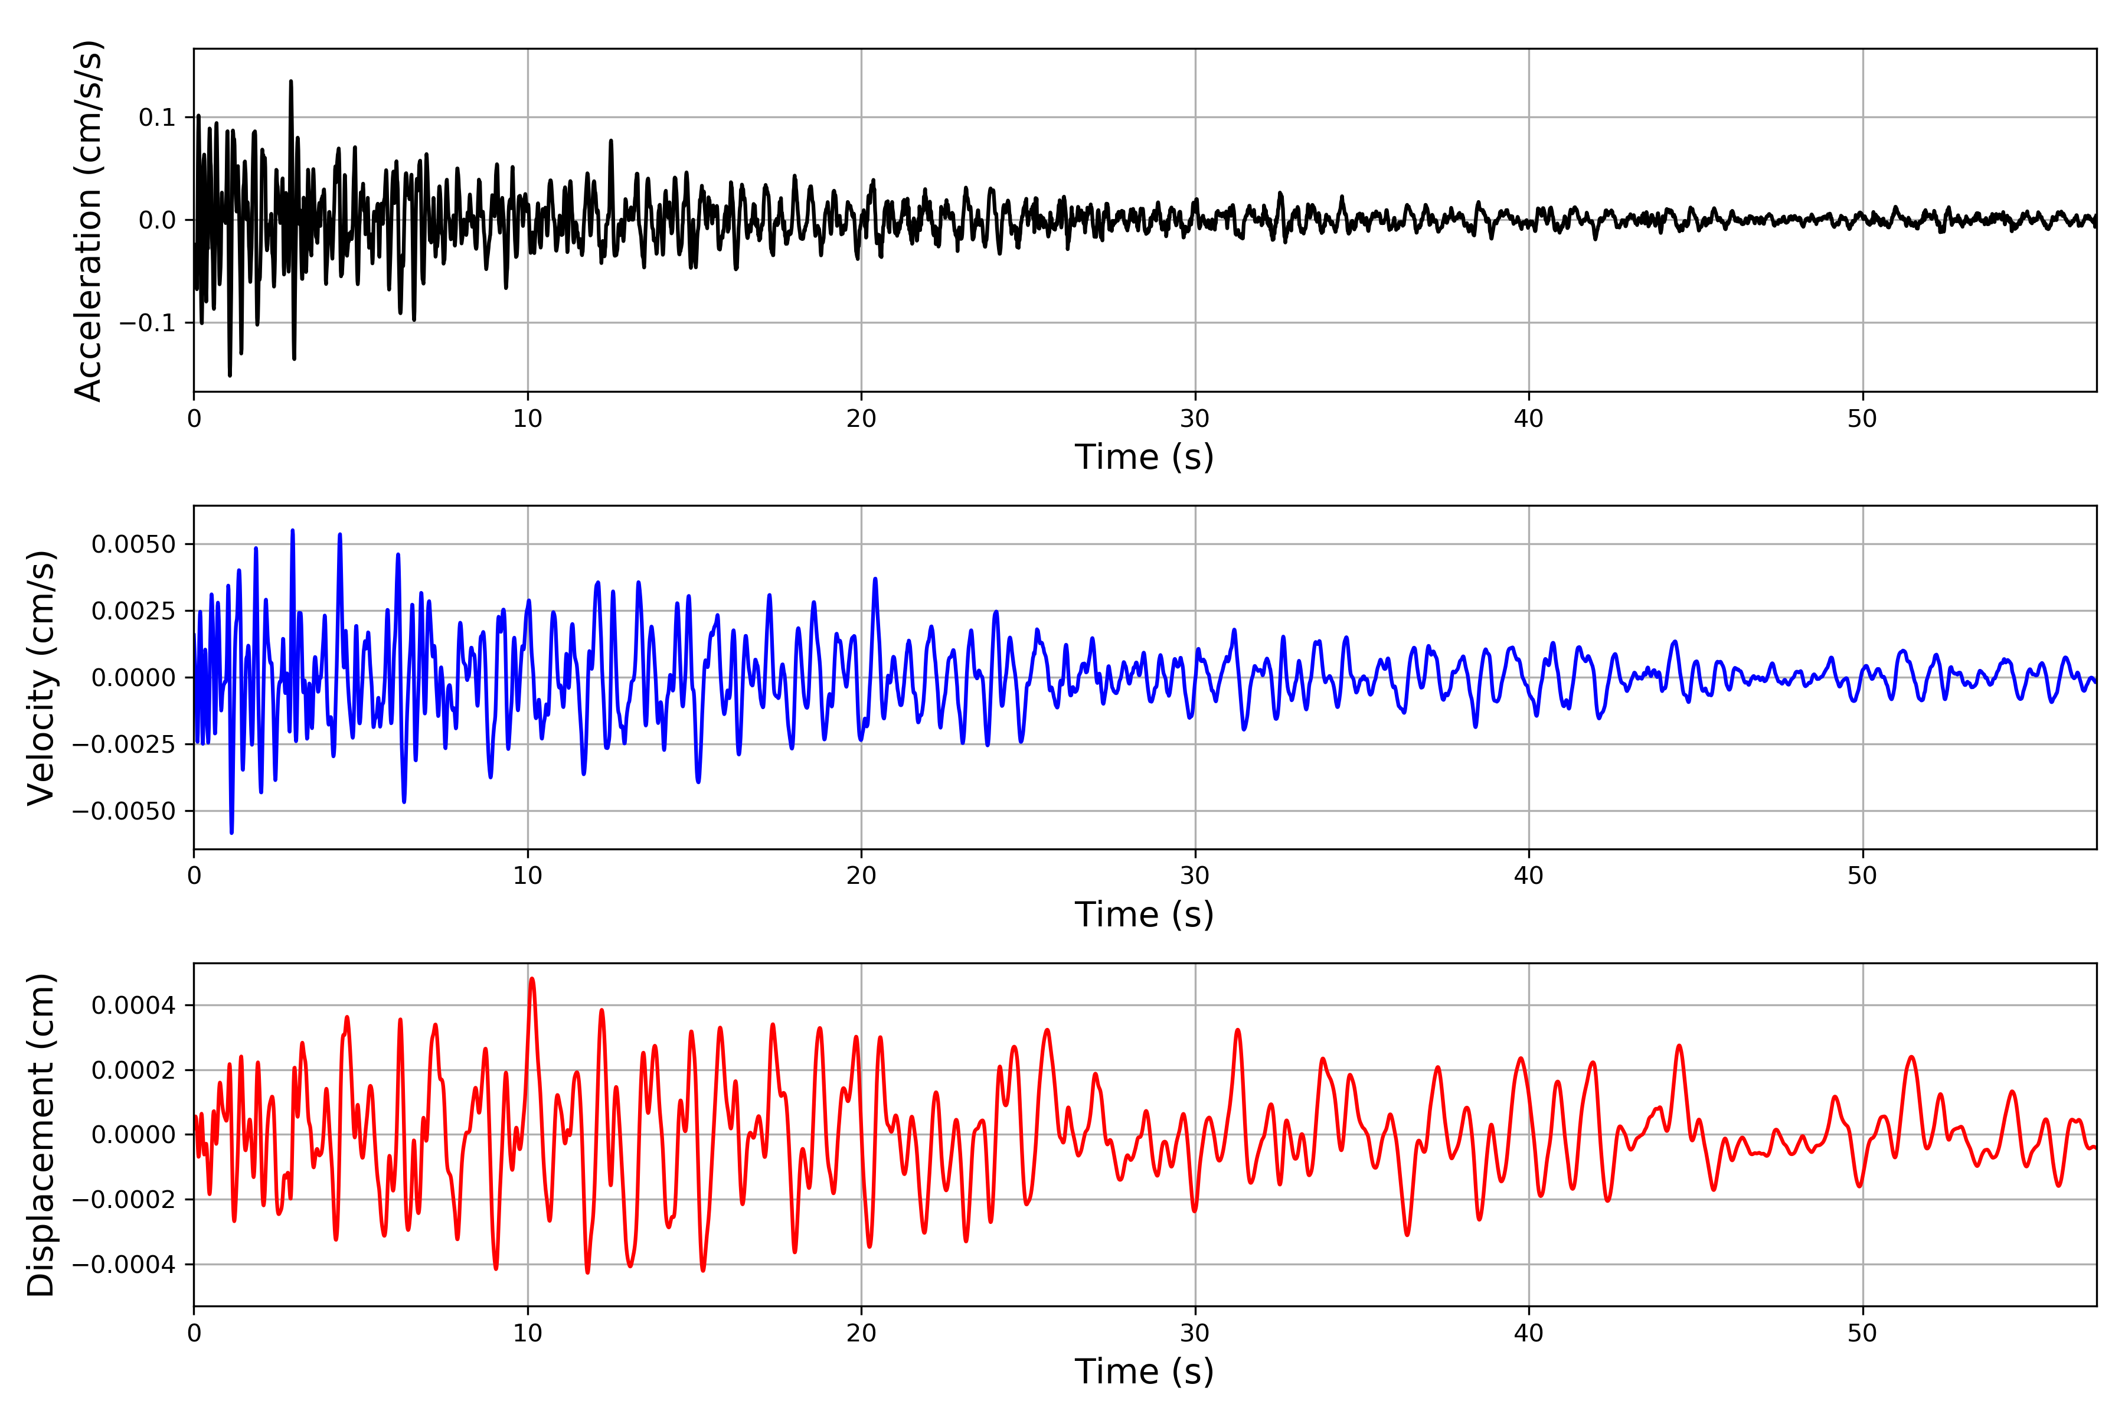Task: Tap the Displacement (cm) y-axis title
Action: click(x=41, y=1135)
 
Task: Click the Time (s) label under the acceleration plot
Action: click(x=1144, y=457)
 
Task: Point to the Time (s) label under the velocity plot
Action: click(x=1144, y=915)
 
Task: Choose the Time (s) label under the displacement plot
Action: click(x=1144, y=1372)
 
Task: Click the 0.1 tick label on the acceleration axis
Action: click(x=156, y=117)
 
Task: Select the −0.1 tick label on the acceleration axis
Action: click(x=147, y=322)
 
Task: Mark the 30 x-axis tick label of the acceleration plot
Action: click(x=1194, y=419)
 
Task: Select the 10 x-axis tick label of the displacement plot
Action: click(x=528, y=1333)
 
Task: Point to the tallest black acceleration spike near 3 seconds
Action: click(x=291, y=81)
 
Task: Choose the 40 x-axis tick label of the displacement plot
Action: click(x=1529, y=1333)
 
